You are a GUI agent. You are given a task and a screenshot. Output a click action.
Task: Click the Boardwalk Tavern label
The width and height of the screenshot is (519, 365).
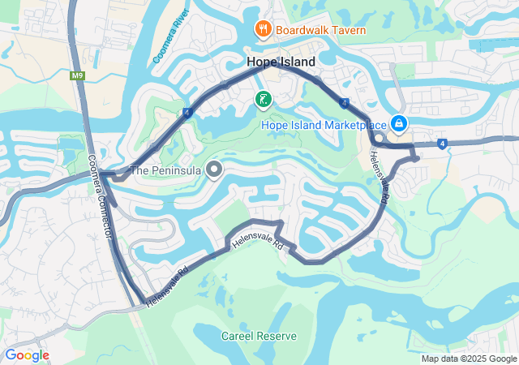pos(320,31)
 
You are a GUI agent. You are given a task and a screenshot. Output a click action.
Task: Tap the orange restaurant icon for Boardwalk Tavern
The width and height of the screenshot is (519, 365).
pos(263,31)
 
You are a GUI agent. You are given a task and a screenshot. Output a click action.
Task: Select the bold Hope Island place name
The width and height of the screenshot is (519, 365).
pos(281,62)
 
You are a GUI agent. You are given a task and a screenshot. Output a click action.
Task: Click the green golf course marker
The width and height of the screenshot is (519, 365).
pos(263,100)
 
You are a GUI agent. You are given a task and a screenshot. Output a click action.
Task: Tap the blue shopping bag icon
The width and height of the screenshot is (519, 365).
pos(399,124)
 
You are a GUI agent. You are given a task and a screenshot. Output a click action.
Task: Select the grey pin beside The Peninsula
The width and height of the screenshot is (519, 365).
pos(214,170)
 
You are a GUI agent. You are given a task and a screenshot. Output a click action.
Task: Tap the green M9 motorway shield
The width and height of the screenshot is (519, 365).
pos(77,76)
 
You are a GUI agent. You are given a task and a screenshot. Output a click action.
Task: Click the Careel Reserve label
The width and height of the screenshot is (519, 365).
pos(259,336)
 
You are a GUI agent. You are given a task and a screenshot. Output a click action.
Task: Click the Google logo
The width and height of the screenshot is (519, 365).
pos(27,355)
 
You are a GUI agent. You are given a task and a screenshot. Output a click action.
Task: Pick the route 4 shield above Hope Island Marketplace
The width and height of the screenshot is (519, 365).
pos(345,103)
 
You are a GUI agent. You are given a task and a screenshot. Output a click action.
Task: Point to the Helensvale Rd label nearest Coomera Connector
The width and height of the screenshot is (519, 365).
pos(168,288)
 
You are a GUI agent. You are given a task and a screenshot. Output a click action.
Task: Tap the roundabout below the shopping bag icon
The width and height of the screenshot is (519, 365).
pos(379,140)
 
